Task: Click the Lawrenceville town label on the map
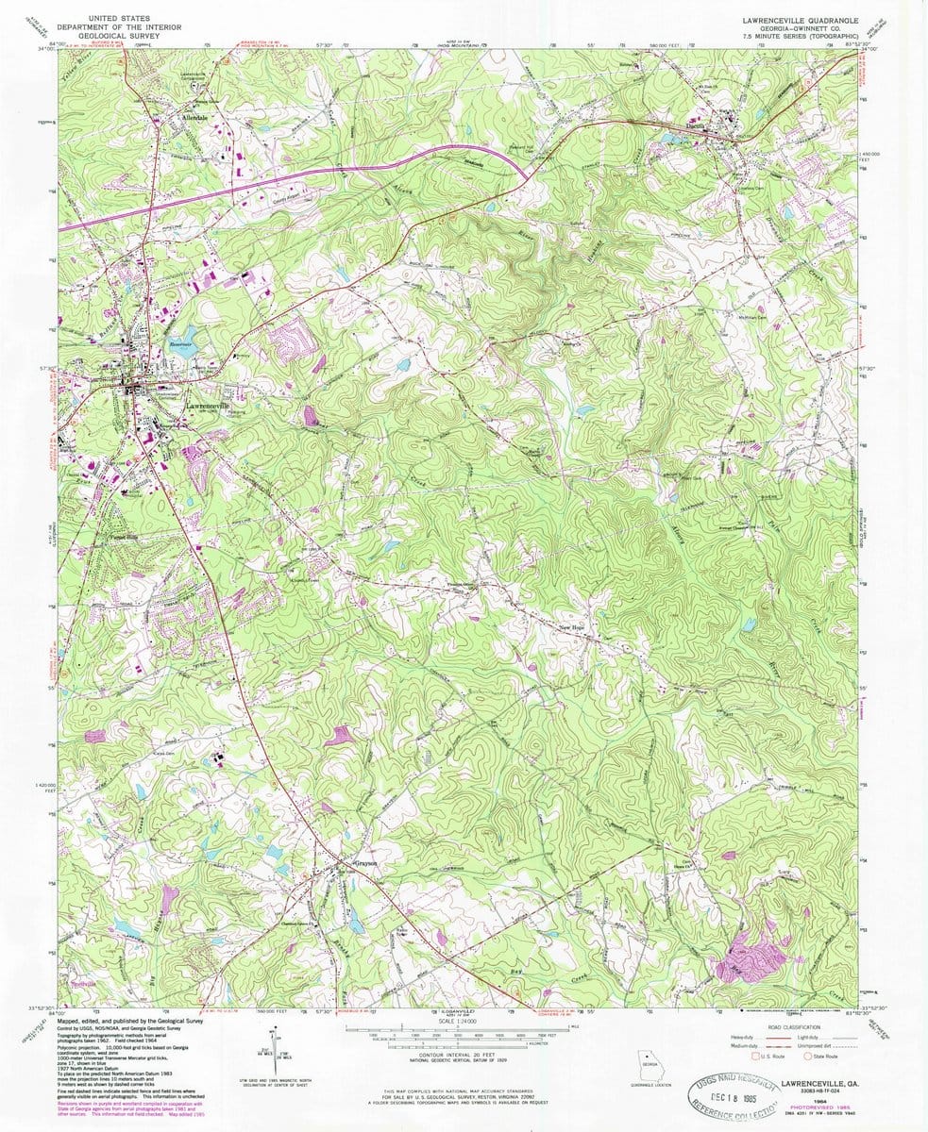[x=208, y=407]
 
